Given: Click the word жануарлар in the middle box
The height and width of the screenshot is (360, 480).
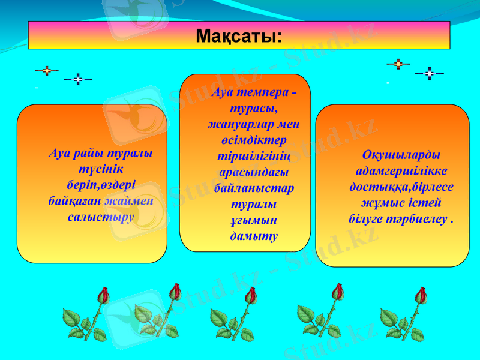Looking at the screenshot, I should click(x=236, y=124).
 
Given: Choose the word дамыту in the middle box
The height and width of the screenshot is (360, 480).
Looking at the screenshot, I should click(x=254, y=236).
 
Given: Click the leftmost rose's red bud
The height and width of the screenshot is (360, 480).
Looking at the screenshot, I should click(x=104, y=295).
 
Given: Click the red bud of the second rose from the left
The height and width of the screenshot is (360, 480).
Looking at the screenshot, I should click(x=175, y=291).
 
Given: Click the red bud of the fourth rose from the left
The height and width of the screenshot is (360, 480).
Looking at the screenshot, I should click(x=338, y=292).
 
